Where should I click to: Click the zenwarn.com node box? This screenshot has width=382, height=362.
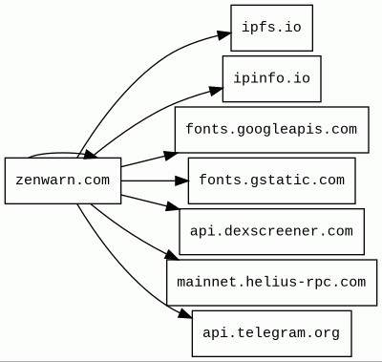click(x=63, y=181)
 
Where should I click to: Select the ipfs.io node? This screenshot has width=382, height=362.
click(x=271, y=28)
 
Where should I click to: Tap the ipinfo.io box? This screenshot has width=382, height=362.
click(x=271, y=78)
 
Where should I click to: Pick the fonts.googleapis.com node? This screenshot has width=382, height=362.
click(x=271, y=130)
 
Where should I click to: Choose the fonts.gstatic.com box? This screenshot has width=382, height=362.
click(x=271, y=181)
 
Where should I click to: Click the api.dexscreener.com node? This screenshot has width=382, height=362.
click(x=271, y=231)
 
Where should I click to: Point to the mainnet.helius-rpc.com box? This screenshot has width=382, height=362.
click(x=271, y=283)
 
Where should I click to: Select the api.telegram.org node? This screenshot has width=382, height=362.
click(x=271, y=333)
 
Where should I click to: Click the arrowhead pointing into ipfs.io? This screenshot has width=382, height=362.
click(x=224, y=34)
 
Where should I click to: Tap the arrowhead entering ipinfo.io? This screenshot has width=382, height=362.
click(x=216, y=90)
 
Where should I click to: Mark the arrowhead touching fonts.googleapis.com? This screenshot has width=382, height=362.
click(x=171, y=156)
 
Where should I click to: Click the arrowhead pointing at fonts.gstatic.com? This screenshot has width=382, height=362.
click(x=181, y=181)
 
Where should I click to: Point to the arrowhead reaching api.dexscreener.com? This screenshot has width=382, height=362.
click(x=173, y=206)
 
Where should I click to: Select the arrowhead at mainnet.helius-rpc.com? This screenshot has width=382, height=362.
click(x=172, y=255)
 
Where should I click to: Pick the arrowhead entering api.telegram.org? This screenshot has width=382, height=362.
click(x=185, y=313)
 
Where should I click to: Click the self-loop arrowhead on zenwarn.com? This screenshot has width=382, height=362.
click(x=91, y=155)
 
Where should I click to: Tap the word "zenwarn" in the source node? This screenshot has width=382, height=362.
click(x=42, y=181)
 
